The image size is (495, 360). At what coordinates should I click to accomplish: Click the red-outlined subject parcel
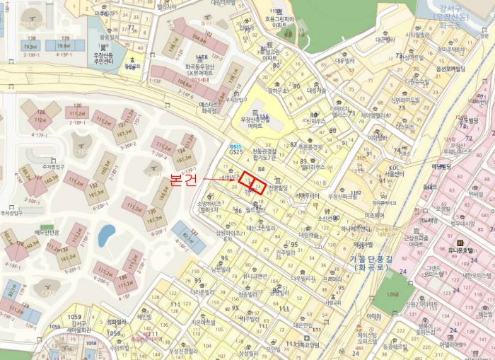(254, 183)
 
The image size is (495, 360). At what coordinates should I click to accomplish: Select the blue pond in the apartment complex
(106, 233)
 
